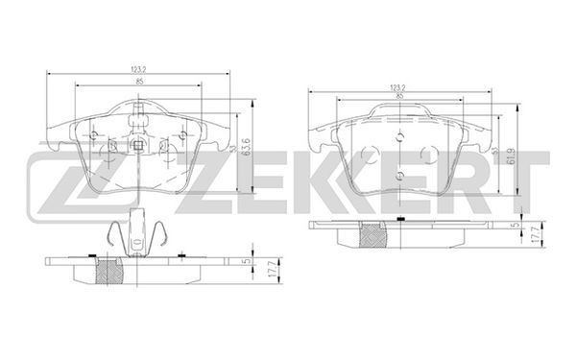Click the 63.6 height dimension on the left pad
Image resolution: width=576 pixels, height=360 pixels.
click(x=247, y=147)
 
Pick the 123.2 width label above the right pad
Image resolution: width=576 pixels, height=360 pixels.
click(x=399, y=87)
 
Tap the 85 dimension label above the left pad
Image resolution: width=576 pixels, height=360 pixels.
click(x=139, y=82)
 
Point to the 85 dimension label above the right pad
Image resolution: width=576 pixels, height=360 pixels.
click(x=400, y=96)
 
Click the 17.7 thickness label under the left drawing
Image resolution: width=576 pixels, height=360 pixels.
click(x=273, y=270)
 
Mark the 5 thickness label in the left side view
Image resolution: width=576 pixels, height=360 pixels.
click(x=248, y=261)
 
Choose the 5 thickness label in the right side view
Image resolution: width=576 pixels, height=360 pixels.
click(x=516, y=225)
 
